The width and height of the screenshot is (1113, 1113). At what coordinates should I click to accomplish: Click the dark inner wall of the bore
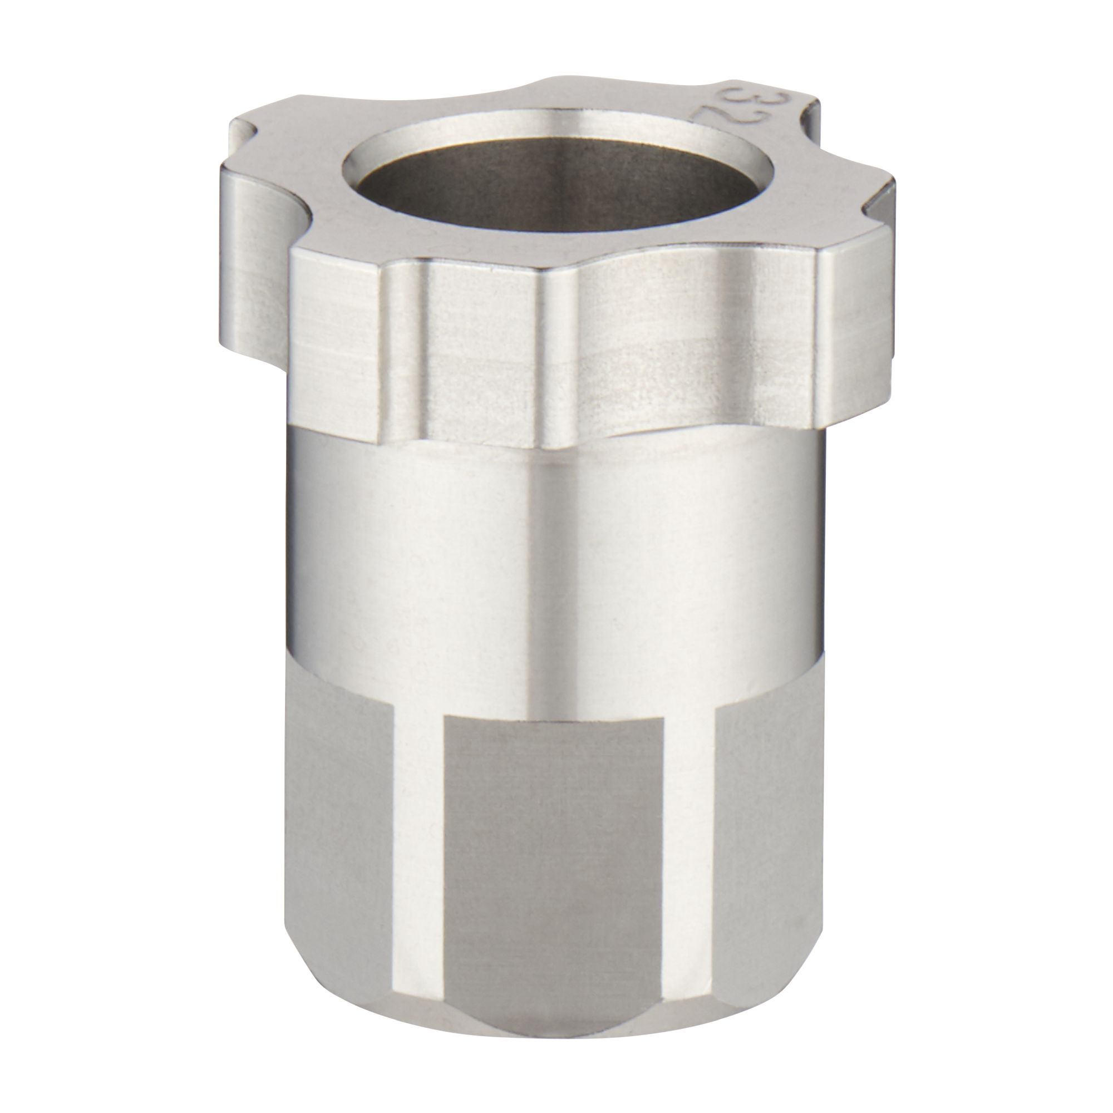click(553, 190)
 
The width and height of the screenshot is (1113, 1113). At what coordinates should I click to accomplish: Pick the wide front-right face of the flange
click(691, 346)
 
